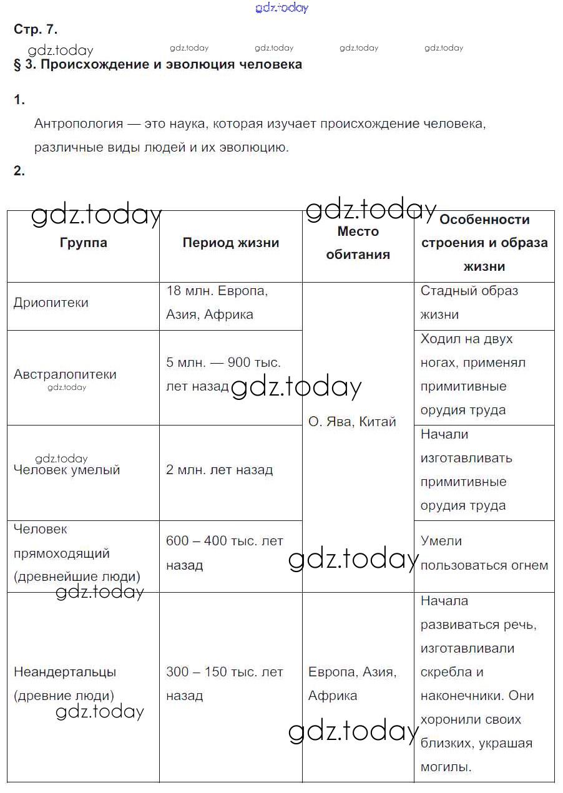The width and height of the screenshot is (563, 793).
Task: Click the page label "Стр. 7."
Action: [36, 29]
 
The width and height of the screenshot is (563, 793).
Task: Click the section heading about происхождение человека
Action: [158, 64]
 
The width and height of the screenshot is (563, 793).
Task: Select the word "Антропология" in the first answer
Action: [79, 124]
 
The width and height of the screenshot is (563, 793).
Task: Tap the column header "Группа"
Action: [83, 243]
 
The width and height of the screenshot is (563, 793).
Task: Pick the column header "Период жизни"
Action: [230, 243]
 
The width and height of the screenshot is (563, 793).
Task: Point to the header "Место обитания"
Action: [358, 243]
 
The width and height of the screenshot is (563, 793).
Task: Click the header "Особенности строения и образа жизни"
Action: [484, 243]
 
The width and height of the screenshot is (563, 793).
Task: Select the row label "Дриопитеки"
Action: [51, 303]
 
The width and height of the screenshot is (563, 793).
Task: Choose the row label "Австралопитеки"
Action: [65, 374]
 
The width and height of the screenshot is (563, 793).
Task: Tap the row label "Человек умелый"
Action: [67, 470]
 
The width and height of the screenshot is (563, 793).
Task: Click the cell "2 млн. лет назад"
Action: [219, 470]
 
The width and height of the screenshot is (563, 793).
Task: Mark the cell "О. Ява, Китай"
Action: [352, 422]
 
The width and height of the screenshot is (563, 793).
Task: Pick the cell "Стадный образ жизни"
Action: [469, 303]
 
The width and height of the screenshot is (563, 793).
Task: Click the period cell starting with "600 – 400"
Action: [224, 553]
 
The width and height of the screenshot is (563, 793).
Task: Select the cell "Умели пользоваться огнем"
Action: [484, 553]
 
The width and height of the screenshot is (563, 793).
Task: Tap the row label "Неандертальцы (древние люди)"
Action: [65, 684]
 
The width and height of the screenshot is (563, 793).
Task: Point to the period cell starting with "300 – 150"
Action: [224, 684]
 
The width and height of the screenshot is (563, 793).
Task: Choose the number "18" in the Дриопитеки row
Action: [174, 291]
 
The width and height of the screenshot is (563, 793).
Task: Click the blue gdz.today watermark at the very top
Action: [281, 7]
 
